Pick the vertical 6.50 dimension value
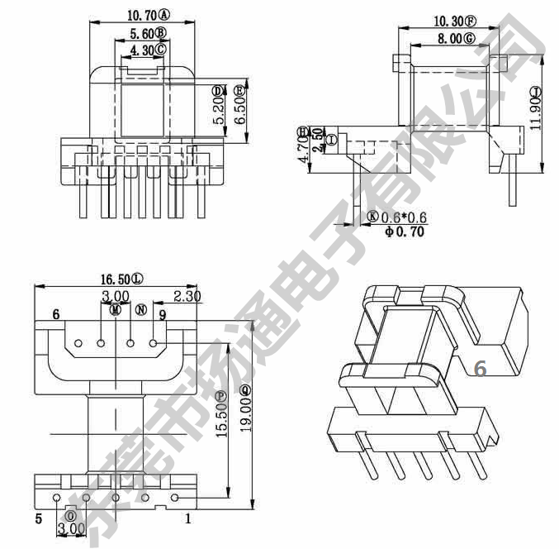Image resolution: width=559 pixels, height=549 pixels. [x=240, y=107]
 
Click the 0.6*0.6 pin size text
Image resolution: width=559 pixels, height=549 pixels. [x=403, y=217]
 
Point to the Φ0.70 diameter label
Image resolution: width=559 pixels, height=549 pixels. [x=405, y=232]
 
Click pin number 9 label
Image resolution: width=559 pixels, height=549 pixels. [x=163, y=315]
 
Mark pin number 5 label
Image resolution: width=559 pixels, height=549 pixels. [x=38, y=519]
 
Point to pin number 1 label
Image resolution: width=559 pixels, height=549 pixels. [x=189, y=519]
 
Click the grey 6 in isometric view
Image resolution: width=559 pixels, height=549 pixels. [x=479, y=369]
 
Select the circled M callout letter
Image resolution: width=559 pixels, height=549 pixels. [x=116, y=310]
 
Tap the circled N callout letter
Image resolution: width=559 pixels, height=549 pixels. [x=140, y=310]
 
